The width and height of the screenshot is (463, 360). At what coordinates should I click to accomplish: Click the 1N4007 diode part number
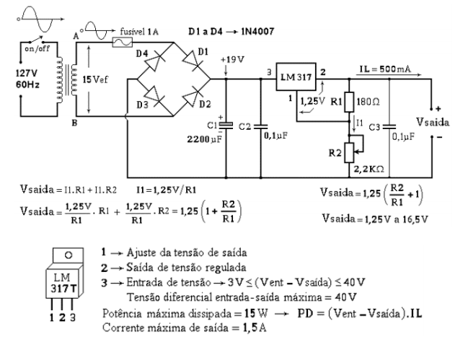[257, 32]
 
